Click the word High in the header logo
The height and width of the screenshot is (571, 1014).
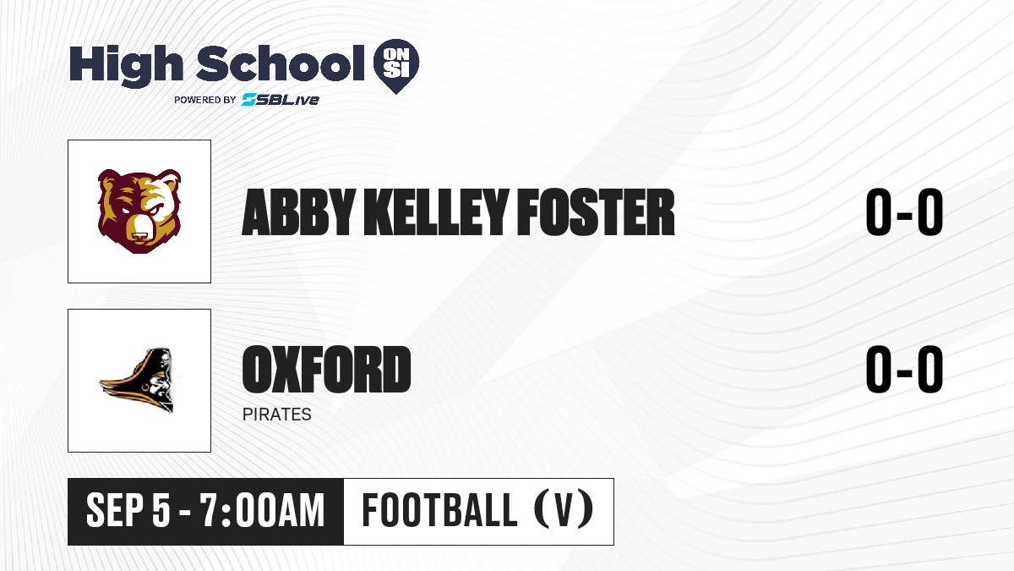pyautogui.click(x=126, y=65)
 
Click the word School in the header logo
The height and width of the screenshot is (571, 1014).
pyautogui.click(x=281, y=63)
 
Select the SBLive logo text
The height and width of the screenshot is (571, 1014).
pyautogui.click(x=280, y=99)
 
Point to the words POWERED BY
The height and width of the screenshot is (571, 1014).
pyautogui.click(x=205, y=100)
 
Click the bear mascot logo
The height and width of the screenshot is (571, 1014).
pyautogui.click(x=139, y=211)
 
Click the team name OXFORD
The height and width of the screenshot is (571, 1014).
pyautogui.click(x=326, y=370)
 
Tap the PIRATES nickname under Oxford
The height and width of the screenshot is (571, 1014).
pyautogui.click(x=277, y=415)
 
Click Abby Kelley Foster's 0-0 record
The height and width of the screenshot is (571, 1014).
pyautogui.click(x=904, y=212)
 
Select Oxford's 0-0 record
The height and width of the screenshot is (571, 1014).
pyautogui.click(x=904, y=370)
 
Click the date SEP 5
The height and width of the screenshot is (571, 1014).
pyautogui.click(x=128, y=511)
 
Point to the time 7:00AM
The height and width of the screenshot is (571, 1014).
pyautogui.click(x=263, y=511)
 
